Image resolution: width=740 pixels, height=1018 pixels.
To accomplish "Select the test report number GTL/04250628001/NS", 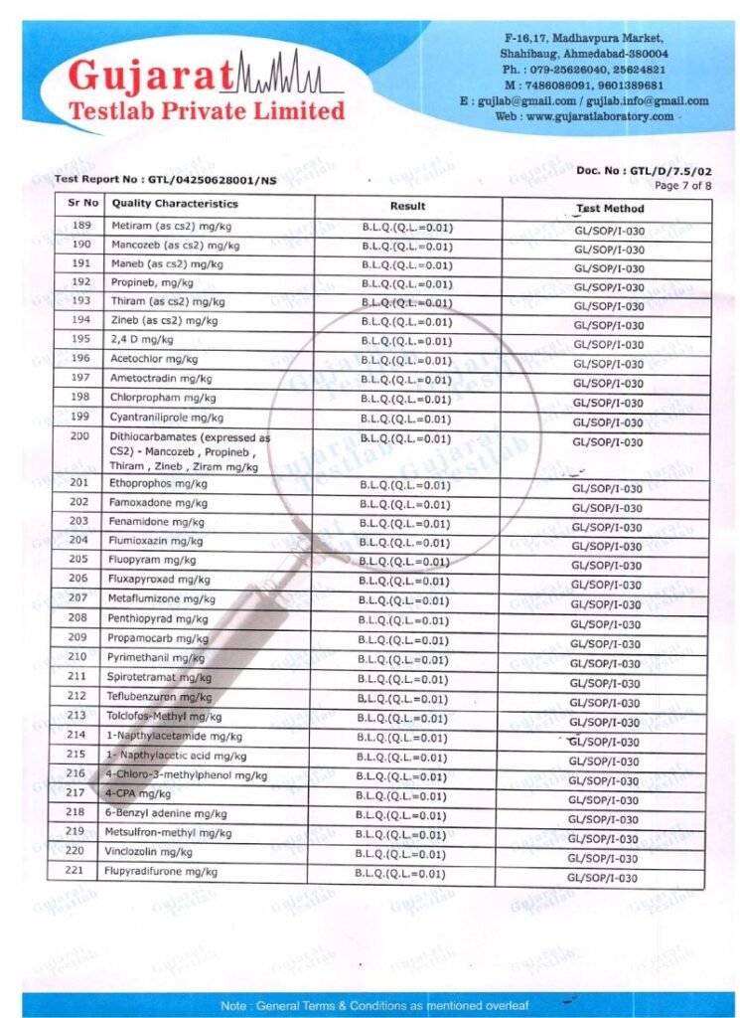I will point(166,180).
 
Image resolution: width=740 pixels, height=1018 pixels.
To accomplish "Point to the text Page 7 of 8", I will point(683,186).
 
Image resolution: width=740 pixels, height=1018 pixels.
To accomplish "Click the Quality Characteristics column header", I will point(176,204).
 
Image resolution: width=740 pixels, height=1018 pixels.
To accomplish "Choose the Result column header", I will point(407,206).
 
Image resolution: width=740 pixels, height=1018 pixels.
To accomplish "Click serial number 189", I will point(81,226).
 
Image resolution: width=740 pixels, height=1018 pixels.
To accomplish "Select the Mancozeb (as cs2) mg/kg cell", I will point(165,245).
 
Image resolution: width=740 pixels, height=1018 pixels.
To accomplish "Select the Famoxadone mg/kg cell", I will point(158,503).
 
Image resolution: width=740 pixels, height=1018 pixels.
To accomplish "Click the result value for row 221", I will point(399,874).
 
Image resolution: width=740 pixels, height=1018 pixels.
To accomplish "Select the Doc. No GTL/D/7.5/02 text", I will point(644,171).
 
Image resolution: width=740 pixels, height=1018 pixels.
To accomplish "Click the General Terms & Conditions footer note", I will point(370,1005).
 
